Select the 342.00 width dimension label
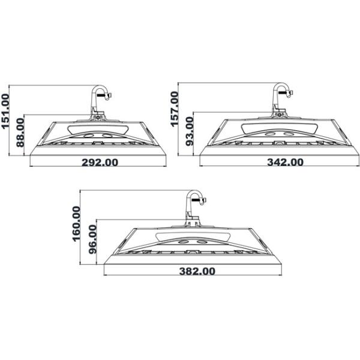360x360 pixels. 276,163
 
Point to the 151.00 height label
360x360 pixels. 6,112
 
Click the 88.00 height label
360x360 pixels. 20,132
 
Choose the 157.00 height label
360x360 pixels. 175,109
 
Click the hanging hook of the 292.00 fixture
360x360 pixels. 100,96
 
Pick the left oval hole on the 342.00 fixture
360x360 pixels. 271,134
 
